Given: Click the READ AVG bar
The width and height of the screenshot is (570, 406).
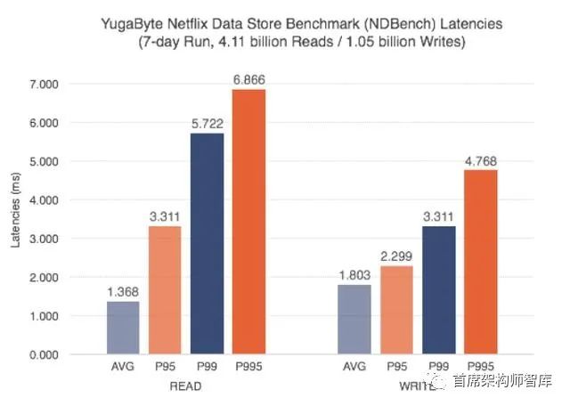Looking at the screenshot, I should pos(123,328).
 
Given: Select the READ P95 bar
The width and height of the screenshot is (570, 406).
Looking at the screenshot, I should pos(165,290).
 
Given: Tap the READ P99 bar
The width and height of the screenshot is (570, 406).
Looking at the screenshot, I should pos(207,244).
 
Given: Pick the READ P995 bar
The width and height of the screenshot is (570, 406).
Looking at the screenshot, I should pos(249,222).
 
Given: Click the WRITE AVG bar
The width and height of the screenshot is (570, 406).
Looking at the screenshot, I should pos(355,320).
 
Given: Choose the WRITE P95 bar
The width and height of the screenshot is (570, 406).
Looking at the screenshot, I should pos(396,310).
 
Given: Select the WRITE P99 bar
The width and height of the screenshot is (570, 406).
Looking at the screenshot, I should pos(438,290).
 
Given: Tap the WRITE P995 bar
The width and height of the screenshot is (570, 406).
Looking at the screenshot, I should pos(480,262).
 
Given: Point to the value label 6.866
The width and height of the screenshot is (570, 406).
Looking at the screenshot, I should pos(249,80).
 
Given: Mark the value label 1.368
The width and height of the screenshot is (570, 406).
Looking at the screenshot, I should pos(123,292).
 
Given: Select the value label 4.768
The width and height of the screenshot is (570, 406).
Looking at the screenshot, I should pos(480,161).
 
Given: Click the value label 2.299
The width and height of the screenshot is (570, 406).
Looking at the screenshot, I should pos(396,256).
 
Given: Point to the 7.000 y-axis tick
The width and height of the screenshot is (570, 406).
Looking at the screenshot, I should pos(68,85).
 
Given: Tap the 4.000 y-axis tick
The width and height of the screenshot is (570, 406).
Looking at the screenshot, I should pos(68,200).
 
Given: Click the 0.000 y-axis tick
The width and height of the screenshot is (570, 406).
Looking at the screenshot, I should pos(68,354).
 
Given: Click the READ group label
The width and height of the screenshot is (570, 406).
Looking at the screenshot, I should pos(187,386).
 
